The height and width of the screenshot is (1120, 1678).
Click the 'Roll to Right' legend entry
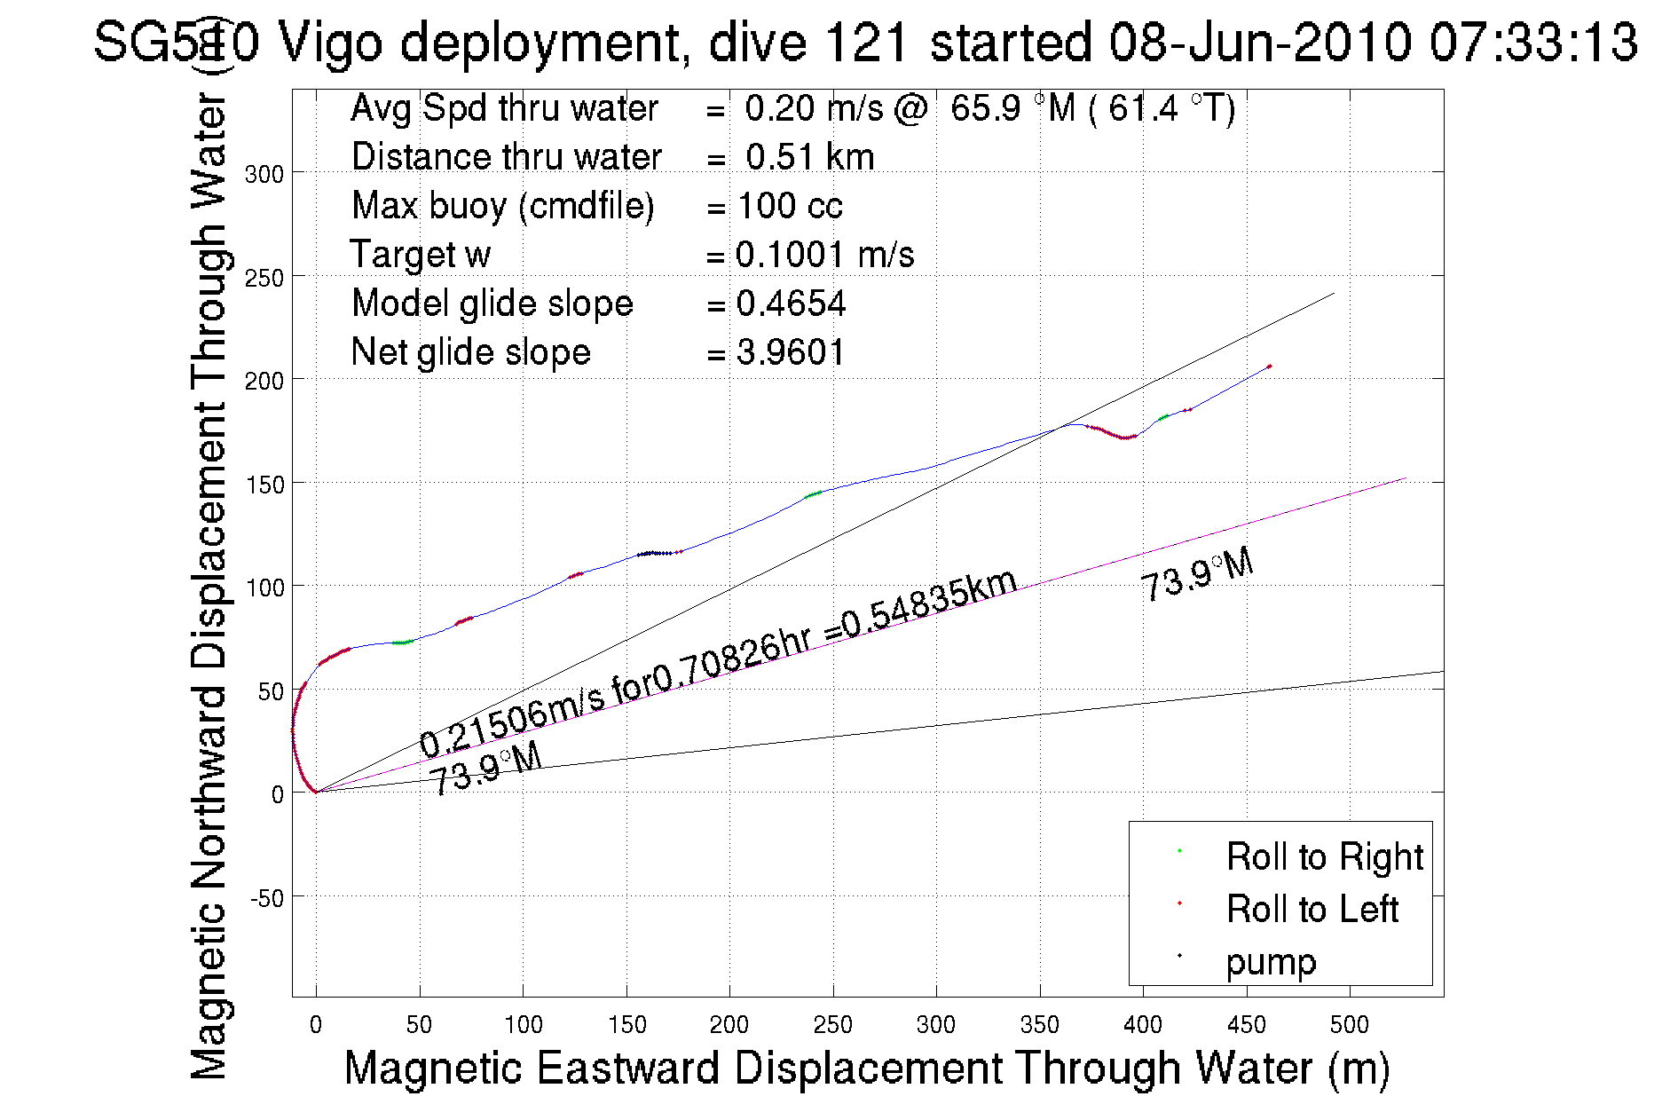click(x=1324, y=856)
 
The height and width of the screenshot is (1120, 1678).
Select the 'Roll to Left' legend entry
click(x=1312, y=909)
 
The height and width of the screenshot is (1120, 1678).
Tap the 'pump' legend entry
click(x=1271, y=961)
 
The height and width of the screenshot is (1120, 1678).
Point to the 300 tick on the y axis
click(x=264, y=174)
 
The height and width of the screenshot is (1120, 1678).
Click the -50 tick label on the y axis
click(x=266, y=898)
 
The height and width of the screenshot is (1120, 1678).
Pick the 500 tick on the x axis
click(x=1349, y=1025)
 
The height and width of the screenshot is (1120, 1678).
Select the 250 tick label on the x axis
click(x=832, y=1025)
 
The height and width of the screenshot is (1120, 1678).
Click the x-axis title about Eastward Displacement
click(x=866, y=1068)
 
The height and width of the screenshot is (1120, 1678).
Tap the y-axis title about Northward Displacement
click(x=209, y=586)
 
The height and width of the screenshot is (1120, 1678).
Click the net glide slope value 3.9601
click(x=790, y=352)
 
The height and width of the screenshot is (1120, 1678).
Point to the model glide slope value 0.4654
click(x=791, y=304)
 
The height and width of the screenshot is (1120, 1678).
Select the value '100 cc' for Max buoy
click(x=790, y=206)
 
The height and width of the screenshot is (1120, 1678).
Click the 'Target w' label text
click(x=420, y=255)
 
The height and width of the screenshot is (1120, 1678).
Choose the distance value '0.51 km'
click(x=809, y=157)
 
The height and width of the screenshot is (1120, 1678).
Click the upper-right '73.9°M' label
click(x=1197, y=574)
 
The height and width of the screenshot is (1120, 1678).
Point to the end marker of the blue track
click(x=1269, y=366)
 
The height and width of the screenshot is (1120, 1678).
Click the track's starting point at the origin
click(x=316, y=792)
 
